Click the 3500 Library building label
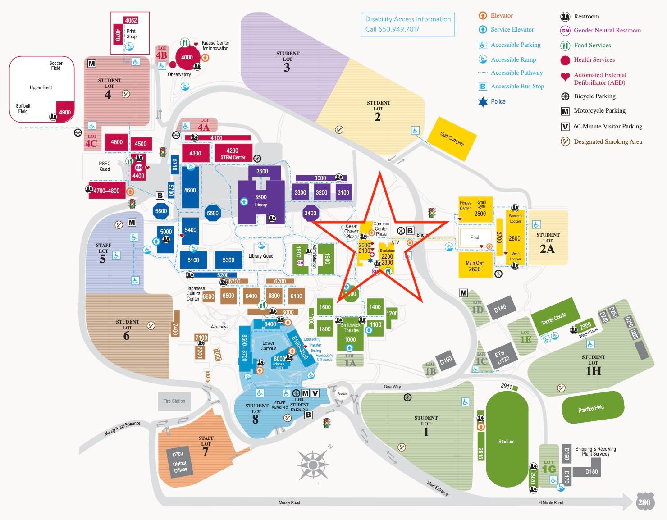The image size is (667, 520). (260, 201)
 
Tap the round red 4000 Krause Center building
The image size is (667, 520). (187, 57)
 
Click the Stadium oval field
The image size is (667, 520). (507, 441)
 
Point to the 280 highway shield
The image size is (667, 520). (644, 502)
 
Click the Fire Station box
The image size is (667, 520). (174, 401)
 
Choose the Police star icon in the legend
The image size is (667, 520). (483, 102)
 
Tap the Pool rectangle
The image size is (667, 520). (475, 237)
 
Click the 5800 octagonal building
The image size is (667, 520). (161, 211)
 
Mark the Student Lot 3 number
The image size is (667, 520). (287, 68)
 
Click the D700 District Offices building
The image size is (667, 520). (180, 462)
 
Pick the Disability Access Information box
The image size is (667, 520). (407, 24)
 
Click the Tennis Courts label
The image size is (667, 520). (553, 319)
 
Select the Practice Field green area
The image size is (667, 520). (592, 408)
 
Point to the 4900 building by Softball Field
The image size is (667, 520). (65, 112)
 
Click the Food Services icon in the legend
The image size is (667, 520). (565, 46)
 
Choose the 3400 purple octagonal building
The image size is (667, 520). (310, 213)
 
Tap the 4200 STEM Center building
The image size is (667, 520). (233, 153)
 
